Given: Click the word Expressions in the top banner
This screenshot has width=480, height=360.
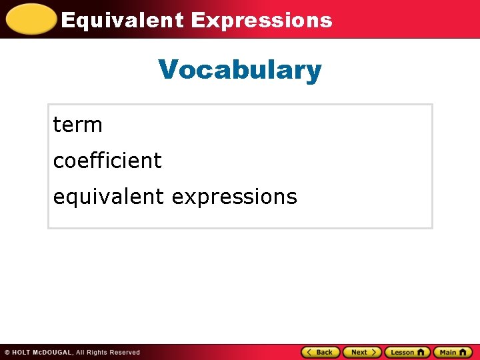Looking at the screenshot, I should pyautogui.click(x=261, y=20).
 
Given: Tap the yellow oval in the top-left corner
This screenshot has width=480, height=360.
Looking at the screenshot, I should pyautogui.click(x=29, y=19).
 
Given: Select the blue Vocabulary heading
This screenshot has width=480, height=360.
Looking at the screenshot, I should pyautogui.click(x=240, y=69).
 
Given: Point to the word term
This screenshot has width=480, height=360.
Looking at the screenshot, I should pyautogui.click(x=77, y=125).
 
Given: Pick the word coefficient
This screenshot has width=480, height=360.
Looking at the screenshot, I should pyautogui.click(x=107, y=161).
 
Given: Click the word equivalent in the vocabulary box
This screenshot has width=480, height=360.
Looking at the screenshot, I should pyautogui.click(x=108, y=197).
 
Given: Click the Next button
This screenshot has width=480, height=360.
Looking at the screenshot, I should pyautogui.click(x=362, y=352).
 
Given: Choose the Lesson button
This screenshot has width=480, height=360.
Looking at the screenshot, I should pyautogui.click(x=407, y=352).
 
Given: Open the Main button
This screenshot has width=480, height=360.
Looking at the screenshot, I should pyautogui.click(x=452, y=352).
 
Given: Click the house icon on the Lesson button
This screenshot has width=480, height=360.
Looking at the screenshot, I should pyautogui.click(x=421, y=352).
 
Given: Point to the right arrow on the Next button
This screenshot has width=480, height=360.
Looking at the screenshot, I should pyautogui.click(x=375, y=352).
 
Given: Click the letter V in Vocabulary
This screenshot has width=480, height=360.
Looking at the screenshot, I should pyautogui.click(x=167, y=69).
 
